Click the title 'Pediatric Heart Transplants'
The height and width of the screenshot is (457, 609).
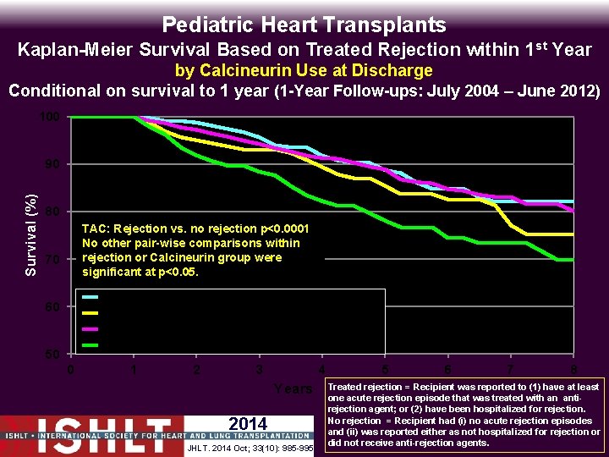click(x=304, y=25)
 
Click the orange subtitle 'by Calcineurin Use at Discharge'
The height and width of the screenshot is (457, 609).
click(x=304, y=70)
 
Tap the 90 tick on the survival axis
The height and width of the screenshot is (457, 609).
click(x=52, y=163)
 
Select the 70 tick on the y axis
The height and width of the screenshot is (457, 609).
click(x=52, y=259)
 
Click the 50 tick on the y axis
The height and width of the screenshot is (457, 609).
click(x=52, y=354)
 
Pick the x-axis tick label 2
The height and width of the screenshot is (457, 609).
click(x=196, y=370)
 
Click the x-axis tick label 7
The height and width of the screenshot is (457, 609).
click(x=510, y=370)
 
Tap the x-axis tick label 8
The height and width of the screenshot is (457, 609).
click(x=573, y=370)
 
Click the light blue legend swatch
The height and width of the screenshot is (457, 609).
click(x=90, y=297)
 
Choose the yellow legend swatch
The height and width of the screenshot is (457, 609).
click(x=90, y=313)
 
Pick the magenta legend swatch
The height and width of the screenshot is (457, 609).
click(x=90, y=329)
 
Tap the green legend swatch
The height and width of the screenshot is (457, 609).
click(x=90, y=344)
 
